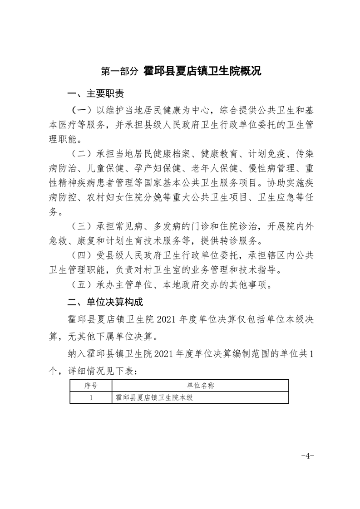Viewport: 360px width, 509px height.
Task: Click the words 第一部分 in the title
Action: [119, 71]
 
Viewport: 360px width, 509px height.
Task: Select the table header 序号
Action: [91, 385]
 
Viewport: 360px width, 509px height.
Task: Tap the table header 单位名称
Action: [200, 385]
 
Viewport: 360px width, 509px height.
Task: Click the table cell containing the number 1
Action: [91, 397]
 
